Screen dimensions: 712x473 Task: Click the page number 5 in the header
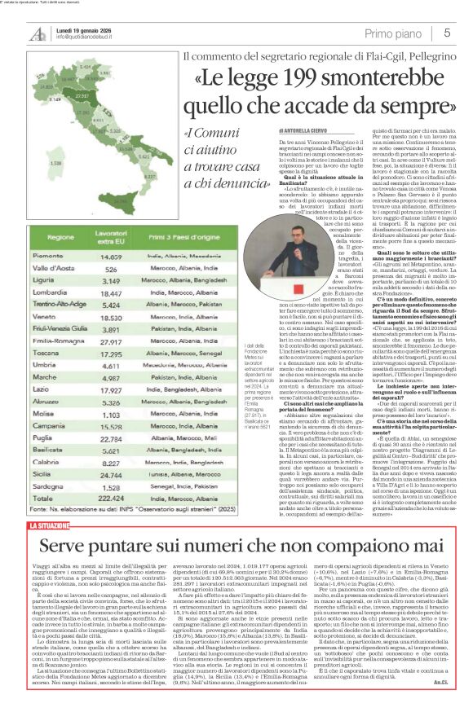[x=448, y=33]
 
